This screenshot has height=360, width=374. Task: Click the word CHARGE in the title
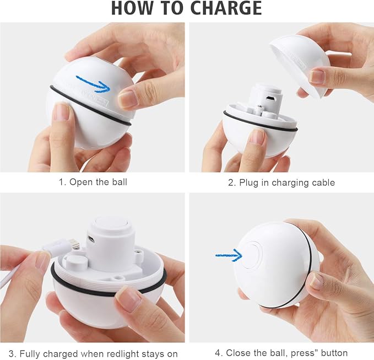226,8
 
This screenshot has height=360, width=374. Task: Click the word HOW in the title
135,8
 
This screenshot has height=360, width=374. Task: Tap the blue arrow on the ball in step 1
93,84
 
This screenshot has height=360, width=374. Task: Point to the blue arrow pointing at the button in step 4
229,255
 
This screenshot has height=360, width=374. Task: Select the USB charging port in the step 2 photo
270,98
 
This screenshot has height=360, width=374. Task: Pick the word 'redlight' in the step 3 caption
123,353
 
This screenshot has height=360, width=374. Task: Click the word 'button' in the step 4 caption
334,353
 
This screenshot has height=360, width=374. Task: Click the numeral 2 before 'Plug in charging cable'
231,183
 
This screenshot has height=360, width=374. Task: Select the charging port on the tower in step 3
91,239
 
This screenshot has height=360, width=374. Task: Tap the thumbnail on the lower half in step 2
256,137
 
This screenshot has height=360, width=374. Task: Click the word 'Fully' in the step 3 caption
30,354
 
